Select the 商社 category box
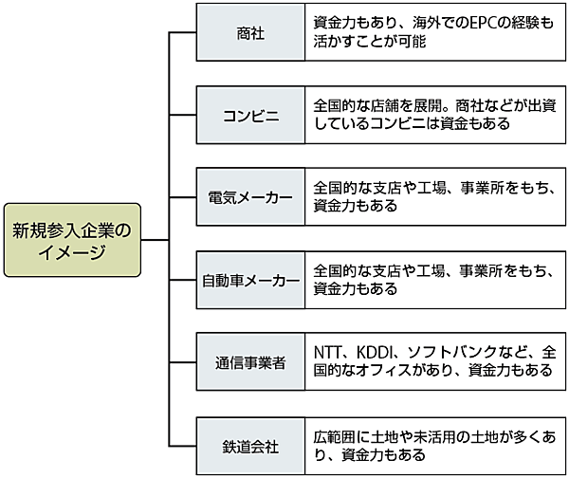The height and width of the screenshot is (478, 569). coord(250,33)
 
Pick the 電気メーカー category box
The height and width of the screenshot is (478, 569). coord(250,198)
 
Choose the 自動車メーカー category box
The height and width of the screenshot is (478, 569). coord(250,281)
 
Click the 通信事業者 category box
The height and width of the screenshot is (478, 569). coord(250,363)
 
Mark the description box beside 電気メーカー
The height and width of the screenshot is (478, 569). coord(434,198)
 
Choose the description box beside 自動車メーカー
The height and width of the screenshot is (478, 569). coord(434,281)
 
